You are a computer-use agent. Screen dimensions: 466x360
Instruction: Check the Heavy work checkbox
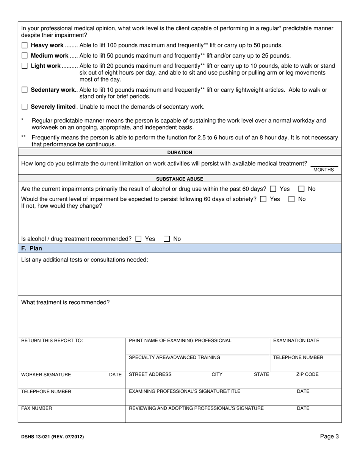(25, 45)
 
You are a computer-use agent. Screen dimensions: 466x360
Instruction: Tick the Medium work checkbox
(25, 56)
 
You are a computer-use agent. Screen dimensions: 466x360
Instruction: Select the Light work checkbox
(25, 66)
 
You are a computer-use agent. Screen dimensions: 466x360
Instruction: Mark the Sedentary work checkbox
(25, 90)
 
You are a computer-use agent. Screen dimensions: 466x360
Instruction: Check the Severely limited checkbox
(25, 107)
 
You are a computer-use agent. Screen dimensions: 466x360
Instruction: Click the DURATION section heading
(180, 152)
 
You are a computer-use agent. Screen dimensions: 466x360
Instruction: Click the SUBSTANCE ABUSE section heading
(180, 179)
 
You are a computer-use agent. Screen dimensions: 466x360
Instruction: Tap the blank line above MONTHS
(324, 164)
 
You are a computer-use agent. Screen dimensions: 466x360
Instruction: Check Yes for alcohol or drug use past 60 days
(273, 189)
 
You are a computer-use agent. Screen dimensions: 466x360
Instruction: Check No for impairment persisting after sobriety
(291, 199)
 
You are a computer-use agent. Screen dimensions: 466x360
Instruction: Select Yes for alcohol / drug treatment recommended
(138, 239)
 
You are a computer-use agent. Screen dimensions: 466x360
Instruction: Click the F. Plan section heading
(32, 249)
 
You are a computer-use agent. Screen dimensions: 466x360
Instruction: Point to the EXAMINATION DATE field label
(296, 341)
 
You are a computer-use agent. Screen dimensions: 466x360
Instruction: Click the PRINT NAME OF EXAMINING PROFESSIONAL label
(180, 341)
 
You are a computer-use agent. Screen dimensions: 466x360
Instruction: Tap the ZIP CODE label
(307, 374)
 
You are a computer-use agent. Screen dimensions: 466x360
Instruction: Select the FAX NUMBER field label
(36, 408)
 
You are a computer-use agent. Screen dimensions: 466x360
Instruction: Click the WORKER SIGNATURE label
(46, 375)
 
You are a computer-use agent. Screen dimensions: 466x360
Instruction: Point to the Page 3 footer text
(329, 436)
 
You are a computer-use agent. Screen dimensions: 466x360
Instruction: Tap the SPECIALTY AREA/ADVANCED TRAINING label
(174, 357)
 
